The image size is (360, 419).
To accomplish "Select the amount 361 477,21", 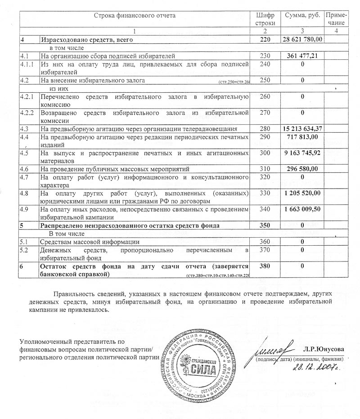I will [302, 56].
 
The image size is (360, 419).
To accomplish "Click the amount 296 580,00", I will [302, 169].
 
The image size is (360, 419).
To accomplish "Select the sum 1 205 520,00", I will [302, 193].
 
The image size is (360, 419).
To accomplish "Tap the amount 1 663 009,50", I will [302, 209].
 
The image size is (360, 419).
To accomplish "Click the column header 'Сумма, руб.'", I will [302, 15].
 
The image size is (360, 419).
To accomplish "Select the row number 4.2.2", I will [28, 112].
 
